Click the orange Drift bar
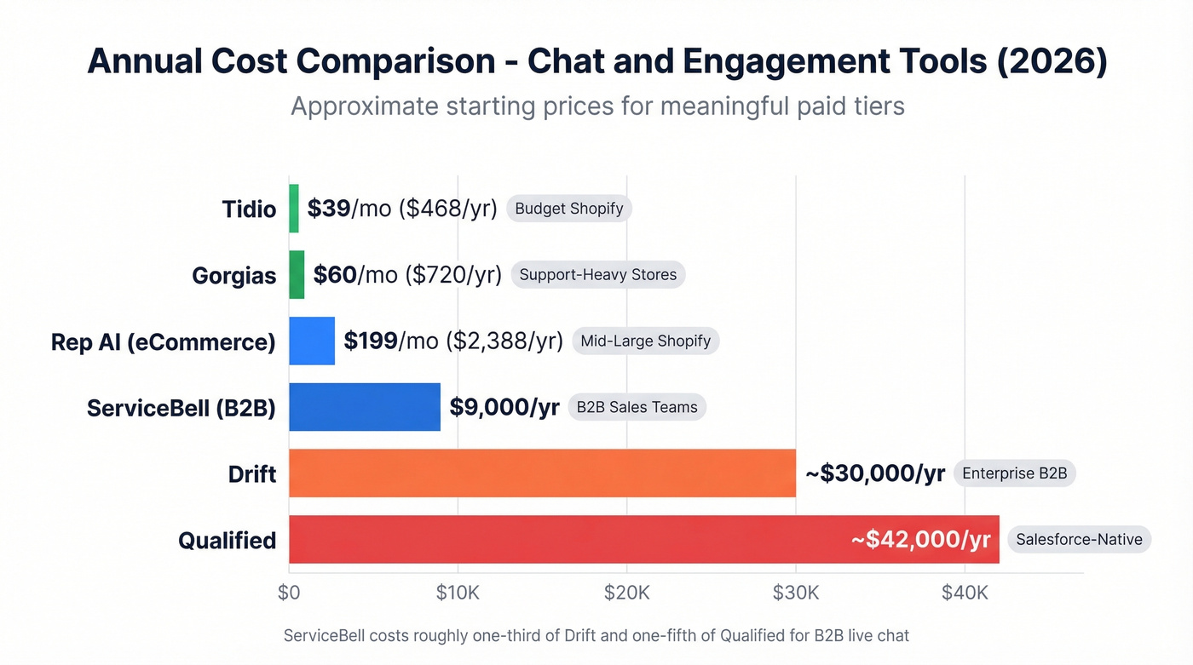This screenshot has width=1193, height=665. (542, 473)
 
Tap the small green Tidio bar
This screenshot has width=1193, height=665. (294, 209)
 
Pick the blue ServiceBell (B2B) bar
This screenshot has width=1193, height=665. (365, 407)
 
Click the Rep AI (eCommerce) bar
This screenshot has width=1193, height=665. (312, 341)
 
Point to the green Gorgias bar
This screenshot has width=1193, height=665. (297, 275)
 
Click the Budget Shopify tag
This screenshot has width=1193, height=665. (569, 209)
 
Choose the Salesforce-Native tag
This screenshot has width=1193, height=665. (1079, 540)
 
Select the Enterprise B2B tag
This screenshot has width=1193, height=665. (1014, 473)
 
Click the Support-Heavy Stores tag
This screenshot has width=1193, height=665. (597, 275)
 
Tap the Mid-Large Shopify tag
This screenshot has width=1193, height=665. (645, 341)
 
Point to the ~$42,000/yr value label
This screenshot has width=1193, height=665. (920, 540)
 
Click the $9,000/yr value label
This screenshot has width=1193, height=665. (504, 407)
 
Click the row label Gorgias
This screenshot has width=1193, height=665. (234, 276)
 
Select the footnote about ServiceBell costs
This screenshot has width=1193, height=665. (596, 635)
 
